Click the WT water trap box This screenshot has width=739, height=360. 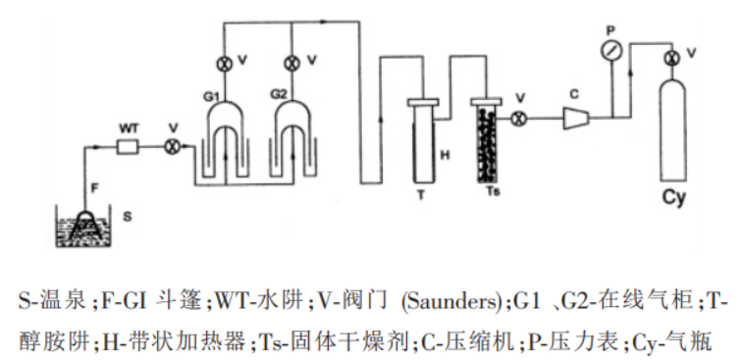(128, 147)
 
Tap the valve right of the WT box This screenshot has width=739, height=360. (171, 147)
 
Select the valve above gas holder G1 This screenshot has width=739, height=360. (225, 63)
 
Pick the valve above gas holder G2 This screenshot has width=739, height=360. (292, 63)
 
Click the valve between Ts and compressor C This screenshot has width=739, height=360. (519, 119)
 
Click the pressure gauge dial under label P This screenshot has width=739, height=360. (611, 51)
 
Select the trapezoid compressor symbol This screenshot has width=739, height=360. (576, 119)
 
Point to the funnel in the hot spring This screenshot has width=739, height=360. (85, 225)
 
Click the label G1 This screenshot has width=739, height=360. (212, 96)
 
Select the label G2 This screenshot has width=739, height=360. (279, 94)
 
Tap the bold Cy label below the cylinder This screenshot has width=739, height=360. (674, 198)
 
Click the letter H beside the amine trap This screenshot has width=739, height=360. (445, 155)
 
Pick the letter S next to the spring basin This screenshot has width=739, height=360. (128, 217)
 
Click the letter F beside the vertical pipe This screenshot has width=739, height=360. (95, 188)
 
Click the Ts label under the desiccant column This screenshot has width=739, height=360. (493, 192)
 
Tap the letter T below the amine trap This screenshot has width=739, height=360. (421, 194)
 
